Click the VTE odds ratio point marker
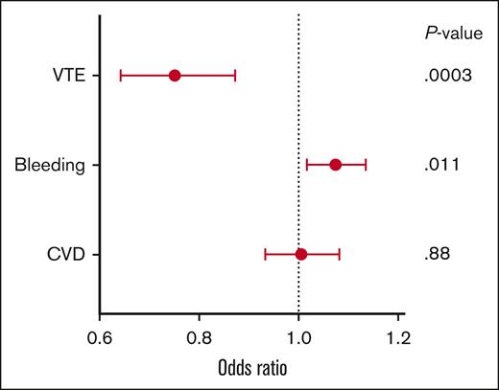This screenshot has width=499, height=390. coord(175,76)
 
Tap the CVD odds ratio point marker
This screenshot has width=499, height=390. coord(301,254)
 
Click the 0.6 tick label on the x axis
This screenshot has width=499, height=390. coord(100,337)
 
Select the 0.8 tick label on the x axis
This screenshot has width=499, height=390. coord(200,337)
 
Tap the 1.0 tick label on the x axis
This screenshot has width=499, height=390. coord(299,337)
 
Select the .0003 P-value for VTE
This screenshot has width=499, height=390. coord(447,76)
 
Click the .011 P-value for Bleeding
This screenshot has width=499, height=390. coord(442,165)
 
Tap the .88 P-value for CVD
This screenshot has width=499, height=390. coord(438,254)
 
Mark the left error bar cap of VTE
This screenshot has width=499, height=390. coord(120,76)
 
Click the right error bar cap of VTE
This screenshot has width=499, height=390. coord(235,76)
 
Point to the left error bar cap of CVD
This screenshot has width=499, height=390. coord(265,254)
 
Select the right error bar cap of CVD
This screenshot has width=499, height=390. coord(340,254)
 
